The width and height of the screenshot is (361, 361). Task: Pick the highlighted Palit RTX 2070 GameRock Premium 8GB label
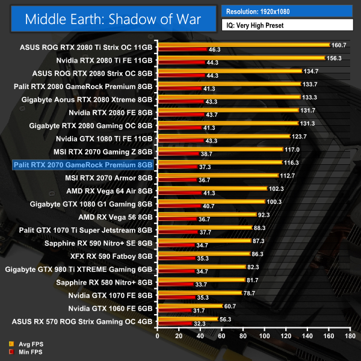click(x=83, y=164)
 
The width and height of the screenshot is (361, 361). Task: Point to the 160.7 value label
click(x=340, y=45)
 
